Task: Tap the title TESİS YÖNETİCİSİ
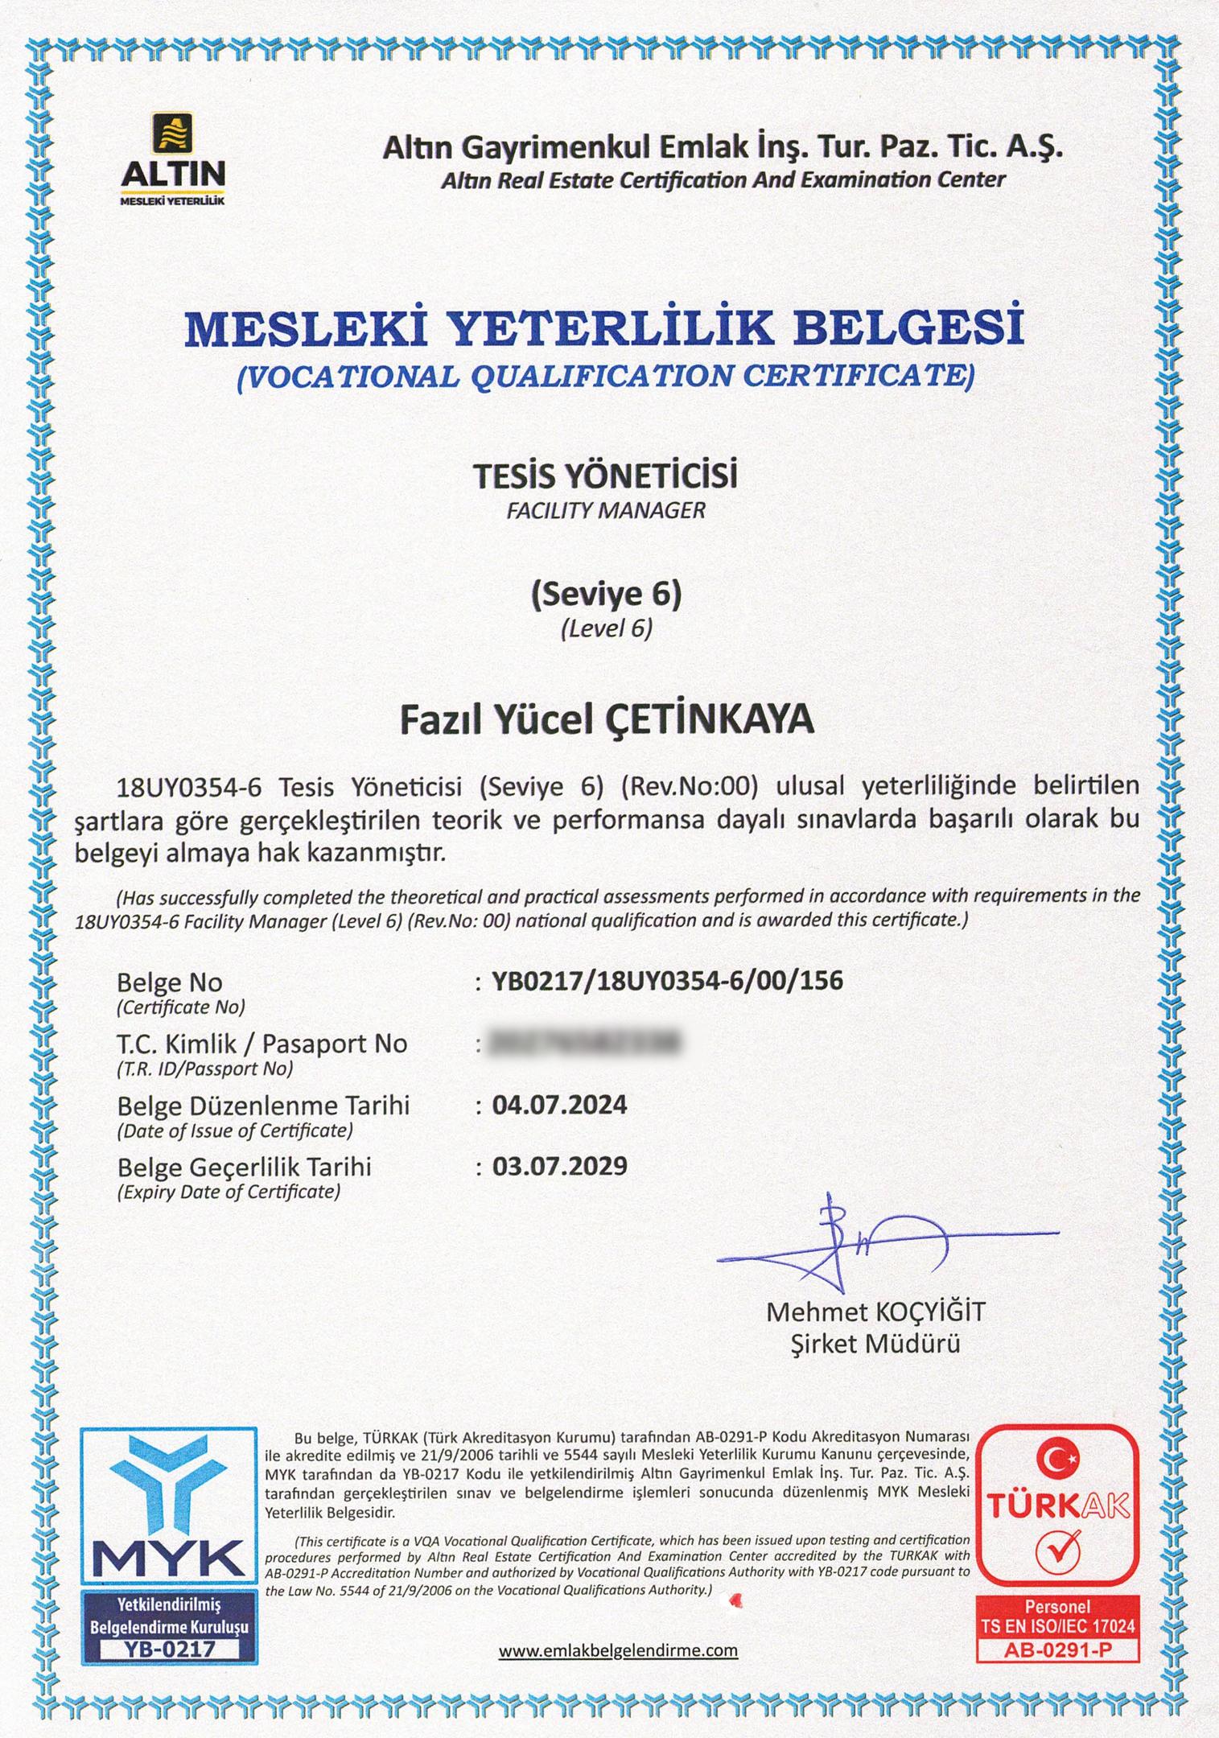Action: tap(605, 477)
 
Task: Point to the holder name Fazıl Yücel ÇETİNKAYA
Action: tap(607, 721)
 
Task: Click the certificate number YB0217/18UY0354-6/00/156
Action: tap(668, 981)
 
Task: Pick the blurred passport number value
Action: tap(584, 1043)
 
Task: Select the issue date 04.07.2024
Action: tap(559, 1105)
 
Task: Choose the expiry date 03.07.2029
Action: tap(559, 1166)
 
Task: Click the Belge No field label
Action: tap(169, 982)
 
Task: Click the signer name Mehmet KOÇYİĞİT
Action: tap(875, 1312)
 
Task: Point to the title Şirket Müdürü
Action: tap(875, 1344)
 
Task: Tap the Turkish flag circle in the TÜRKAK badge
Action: tap(1056, 1457)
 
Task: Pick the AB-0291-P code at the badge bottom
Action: tap(1057, 1649)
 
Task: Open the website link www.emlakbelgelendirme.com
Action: tap(618, 1650)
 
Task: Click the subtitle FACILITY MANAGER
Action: tap(605, 510)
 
